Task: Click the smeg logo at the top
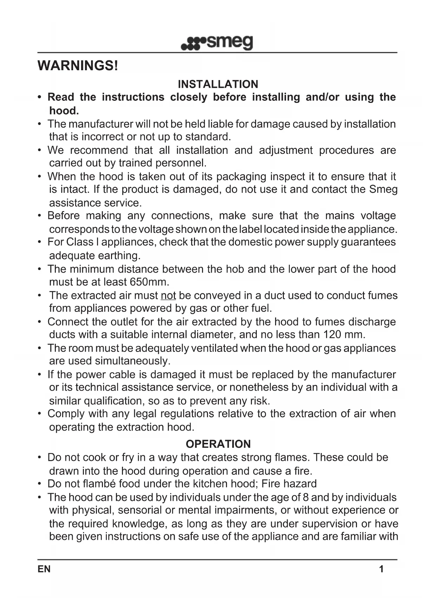coord(217,43)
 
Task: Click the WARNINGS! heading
coord(78,66)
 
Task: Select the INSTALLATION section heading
coord(218,84)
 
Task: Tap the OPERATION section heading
coord(218,444)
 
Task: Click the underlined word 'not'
coord(168,296)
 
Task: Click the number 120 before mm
coord(332,334)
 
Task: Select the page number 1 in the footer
coord(381,569)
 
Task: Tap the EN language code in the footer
coord(44,569)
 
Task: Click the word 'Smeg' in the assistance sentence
coord(383,189)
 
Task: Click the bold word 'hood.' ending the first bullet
coord(64,111)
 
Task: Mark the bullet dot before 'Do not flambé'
coord(40,484)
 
